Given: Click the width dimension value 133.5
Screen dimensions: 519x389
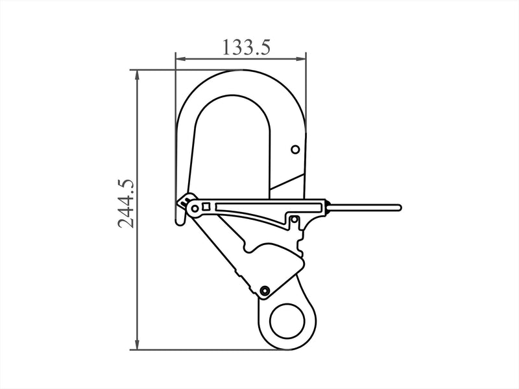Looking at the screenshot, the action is point(246,47).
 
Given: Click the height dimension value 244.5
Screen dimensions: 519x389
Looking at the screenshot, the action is point(126,204).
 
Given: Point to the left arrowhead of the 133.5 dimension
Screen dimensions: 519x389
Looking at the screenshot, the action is point(180,59).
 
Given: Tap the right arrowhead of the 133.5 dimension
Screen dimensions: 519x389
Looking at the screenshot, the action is point(301,59).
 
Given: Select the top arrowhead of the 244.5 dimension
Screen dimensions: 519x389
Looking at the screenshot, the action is point(137,75).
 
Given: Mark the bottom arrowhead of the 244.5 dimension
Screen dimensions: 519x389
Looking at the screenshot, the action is point(137,344).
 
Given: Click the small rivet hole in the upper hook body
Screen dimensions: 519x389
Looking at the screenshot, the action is point(295,150).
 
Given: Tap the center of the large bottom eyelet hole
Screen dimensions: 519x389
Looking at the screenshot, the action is point(287,321).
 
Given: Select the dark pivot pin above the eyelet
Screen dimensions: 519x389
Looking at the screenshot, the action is point(265,290).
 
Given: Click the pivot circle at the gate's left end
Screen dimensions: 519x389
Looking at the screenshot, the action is point(195,208).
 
